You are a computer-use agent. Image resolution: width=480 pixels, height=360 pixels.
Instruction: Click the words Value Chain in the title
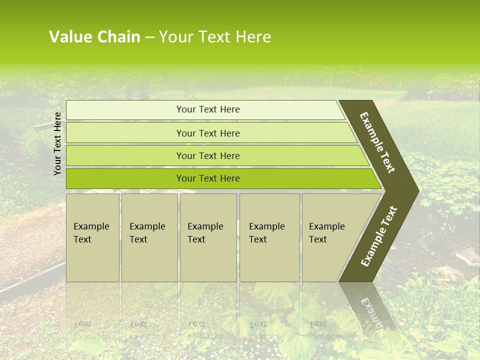[x=94, y=37]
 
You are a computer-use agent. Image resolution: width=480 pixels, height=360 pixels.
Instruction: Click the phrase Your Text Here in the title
[x=215, y=37]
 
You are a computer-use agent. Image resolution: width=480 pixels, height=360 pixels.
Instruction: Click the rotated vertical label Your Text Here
[x=57, y=143]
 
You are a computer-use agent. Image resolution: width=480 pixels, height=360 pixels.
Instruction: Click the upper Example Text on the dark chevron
[x=377, y=142]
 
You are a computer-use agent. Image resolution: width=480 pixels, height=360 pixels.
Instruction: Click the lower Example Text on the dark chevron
[x=379, y=236]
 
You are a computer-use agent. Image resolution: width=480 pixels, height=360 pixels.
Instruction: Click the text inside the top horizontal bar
[x=208, y=109]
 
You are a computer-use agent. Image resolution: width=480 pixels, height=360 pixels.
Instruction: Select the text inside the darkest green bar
[x=208, y=178]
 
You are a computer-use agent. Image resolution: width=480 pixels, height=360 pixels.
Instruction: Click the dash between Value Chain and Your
[x=149, y=37]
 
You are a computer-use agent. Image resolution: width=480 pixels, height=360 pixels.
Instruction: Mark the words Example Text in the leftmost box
[x=91, y=233]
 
